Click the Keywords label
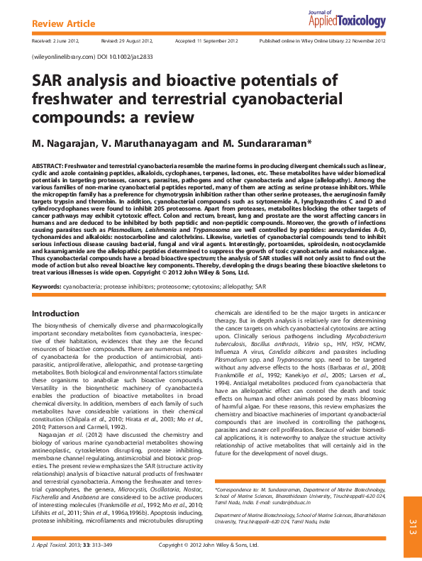click(46, 287)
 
